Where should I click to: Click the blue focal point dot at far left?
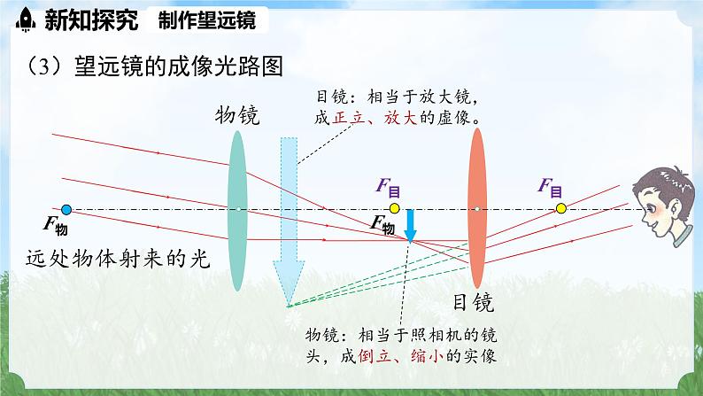66,210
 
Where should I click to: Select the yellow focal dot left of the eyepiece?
395,210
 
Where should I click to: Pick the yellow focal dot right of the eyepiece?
560,210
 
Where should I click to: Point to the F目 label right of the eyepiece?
550,187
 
